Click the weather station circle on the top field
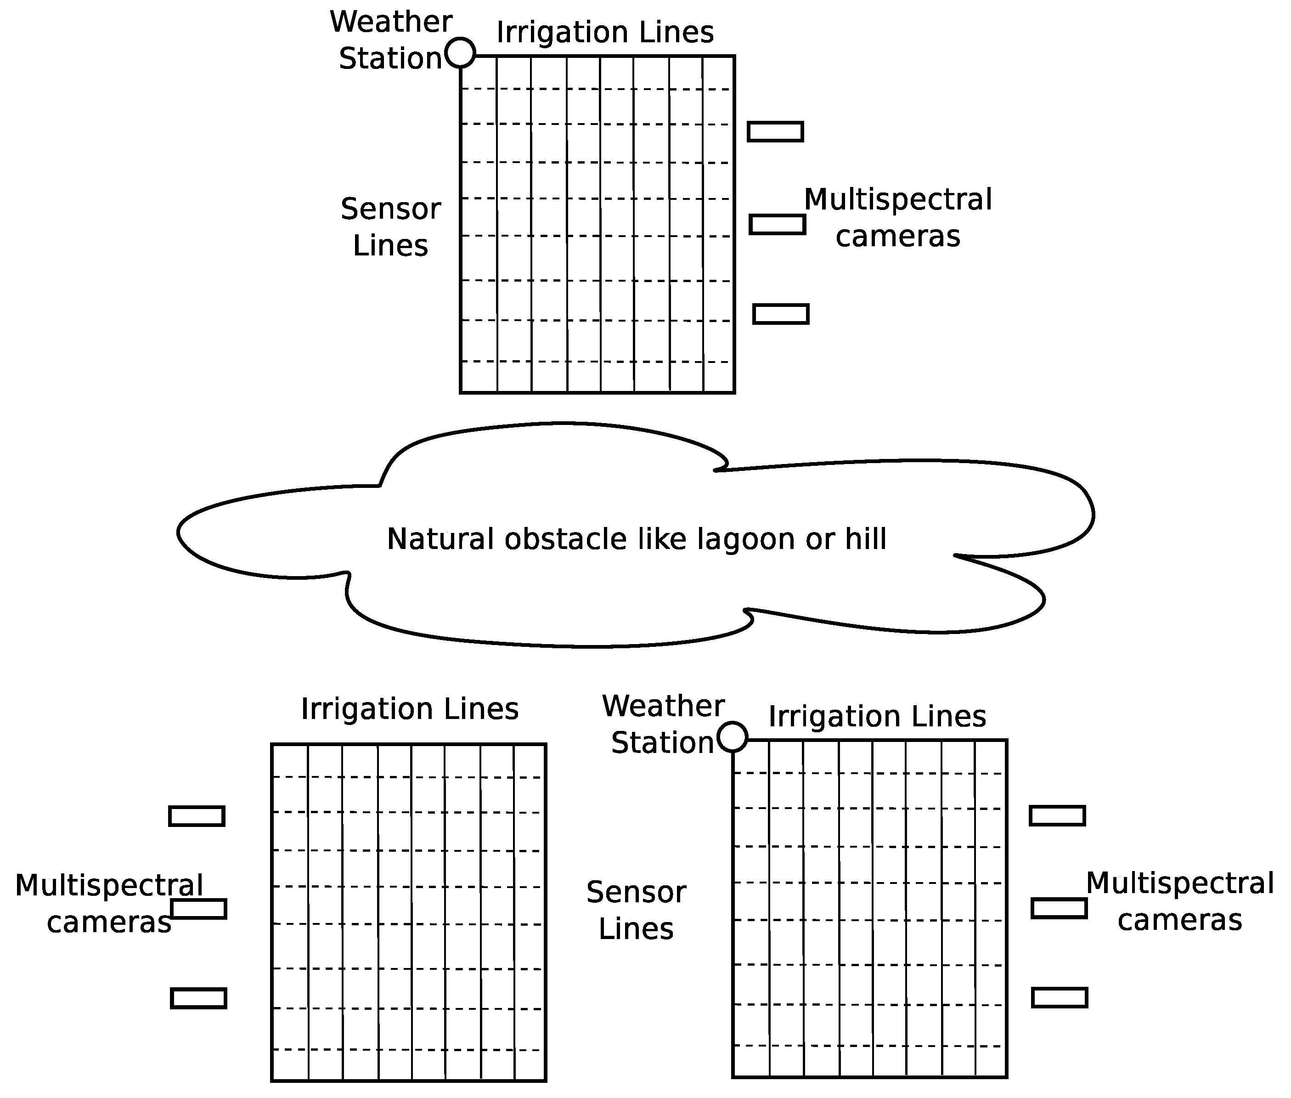[460, 52]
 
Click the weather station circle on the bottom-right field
[732, 737]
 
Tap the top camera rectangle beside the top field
[775, 132]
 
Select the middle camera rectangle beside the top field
[777, 224]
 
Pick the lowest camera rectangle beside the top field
[781, 314]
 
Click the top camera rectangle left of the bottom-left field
[197, 816]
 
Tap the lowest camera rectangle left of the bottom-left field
[198, 998]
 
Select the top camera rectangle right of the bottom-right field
[1057, 815]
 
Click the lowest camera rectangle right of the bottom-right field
[1060, 998]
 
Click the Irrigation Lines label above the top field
[605, 32]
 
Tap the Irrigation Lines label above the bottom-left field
[409, 709]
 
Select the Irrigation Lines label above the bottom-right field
[877, 716]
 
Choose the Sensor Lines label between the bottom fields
[636, 910]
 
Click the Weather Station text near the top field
[391, 40]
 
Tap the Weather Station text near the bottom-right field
[663, 724]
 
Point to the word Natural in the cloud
[440, 539]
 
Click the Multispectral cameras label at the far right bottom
[1180, 901]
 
